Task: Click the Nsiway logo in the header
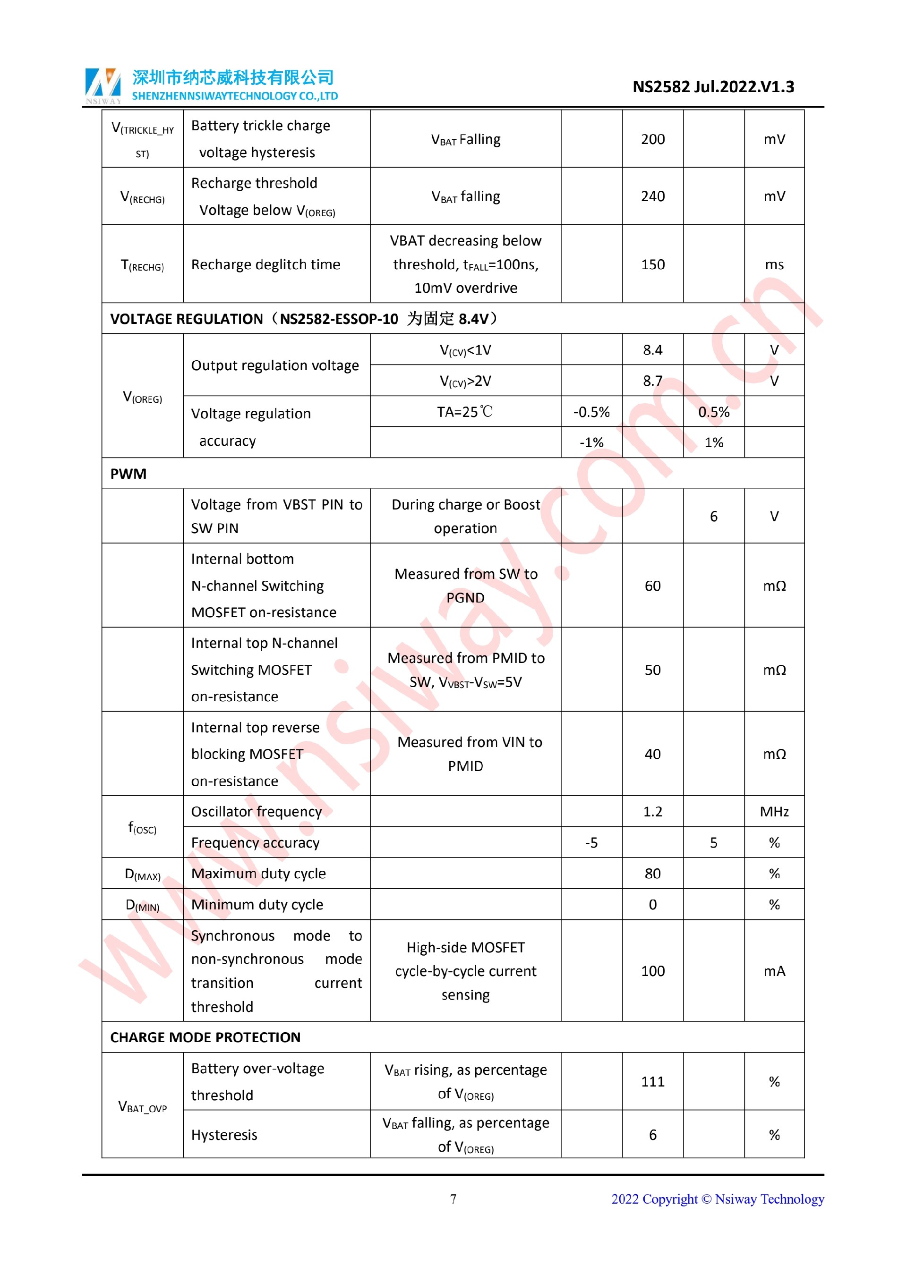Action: coord(103,85)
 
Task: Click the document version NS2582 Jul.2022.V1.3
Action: coord(713,87)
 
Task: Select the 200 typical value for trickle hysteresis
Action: coord(652,139)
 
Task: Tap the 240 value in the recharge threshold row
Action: coord(652,196)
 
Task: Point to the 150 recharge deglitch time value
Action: coord(652,265)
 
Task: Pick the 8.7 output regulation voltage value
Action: coord(652,381)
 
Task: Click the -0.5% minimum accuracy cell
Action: coord(591,412)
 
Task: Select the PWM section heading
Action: coord(128,474)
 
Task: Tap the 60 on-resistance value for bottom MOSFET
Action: coord(652,586)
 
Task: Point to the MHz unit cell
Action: coord(774,811)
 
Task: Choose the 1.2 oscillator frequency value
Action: coord(652,811)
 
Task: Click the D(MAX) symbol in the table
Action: coord(142,874)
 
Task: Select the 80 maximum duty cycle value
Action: coord(652,874)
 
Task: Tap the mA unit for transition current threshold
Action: coord(774,971)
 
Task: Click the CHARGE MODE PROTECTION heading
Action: coord(205,1037)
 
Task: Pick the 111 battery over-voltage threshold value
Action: coord(652,1081)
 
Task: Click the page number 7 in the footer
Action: coord(453,1199)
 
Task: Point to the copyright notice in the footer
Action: coord(717,1199)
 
